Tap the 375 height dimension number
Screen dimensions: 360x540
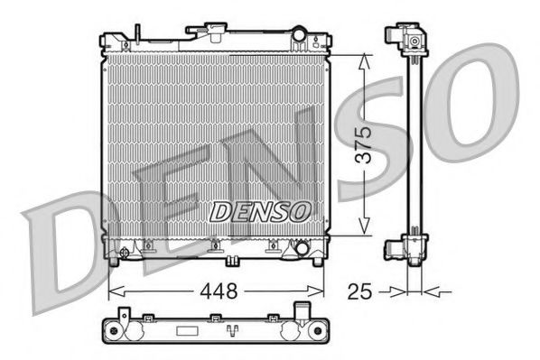(x=361, y=143)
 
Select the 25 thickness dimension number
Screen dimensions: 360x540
(x=360, y=291)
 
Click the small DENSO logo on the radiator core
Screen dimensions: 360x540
(x=260, y=211)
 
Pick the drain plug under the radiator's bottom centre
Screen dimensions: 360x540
(x=233, y=262)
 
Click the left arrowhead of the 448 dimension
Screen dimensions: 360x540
(x=113, y=291)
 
